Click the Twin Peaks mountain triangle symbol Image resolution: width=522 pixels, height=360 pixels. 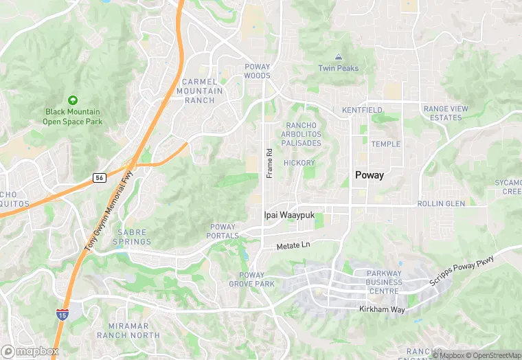pyautogui.click(x=338, y=56)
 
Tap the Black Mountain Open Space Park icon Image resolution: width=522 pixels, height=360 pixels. pyautogui.click(x=73, y=100)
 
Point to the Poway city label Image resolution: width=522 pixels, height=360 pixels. pyautogui.click(x=370, y=175)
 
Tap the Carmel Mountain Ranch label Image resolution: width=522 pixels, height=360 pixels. pyautogui.click(x=204, y=91)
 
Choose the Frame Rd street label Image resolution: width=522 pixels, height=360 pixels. pyautogui.click(x=270, y=164)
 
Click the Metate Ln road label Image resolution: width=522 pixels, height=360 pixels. pyautogui.click(x=293, y=245)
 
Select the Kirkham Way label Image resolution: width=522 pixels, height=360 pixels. pyautogui.click(x=382, y=310)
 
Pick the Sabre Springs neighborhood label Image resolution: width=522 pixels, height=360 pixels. pyautogui.click(x=131, y=237)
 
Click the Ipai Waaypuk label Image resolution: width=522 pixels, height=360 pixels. pyautogui.click(x=289, y=215)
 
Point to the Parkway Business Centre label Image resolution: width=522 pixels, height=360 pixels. pyautogui.click(x=374, y=282)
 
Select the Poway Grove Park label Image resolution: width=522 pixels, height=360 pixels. pyautogui.click(x=251, y=279)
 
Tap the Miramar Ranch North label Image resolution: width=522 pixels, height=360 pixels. pyautogui.click(x=134, y=330)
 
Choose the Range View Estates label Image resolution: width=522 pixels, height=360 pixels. pyautogui.click(x=446, y=113)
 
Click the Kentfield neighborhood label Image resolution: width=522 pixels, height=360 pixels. pyautogui.click(x=362, y=110)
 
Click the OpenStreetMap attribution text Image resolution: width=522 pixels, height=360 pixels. pyautogui.click(x=492, y=355)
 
